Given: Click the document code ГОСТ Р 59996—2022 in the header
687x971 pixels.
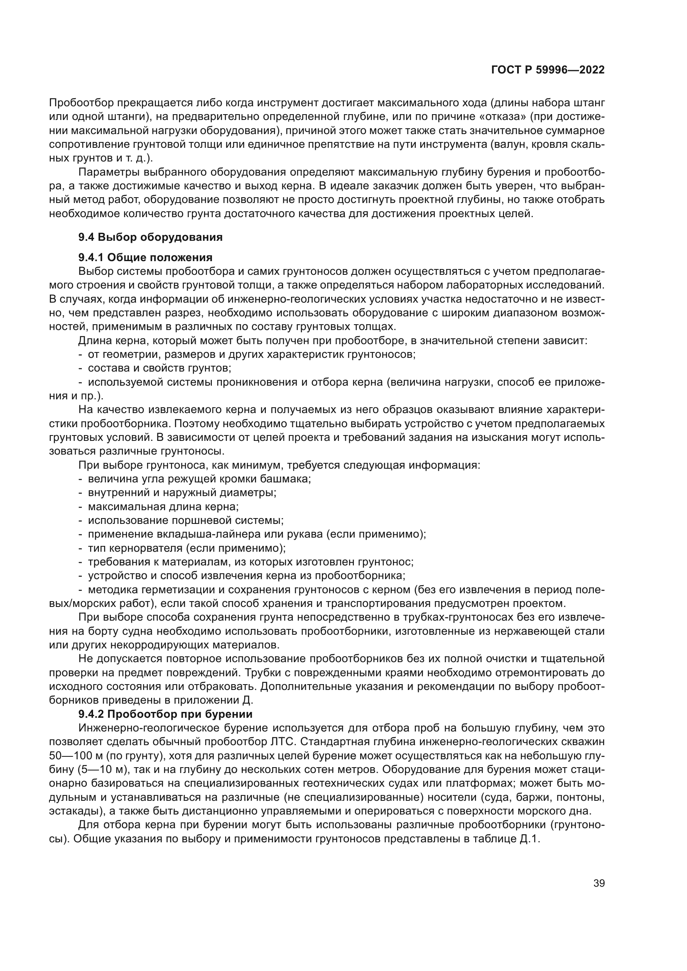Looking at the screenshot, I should [x=547, y=70].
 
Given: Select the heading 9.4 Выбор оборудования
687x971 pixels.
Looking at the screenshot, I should [x=150, y=237].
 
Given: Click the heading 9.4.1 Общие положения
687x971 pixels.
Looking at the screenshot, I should [x=145, y=257].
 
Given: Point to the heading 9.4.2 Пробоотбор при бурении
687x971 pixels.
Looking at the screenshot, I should [x=165, y=714].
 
